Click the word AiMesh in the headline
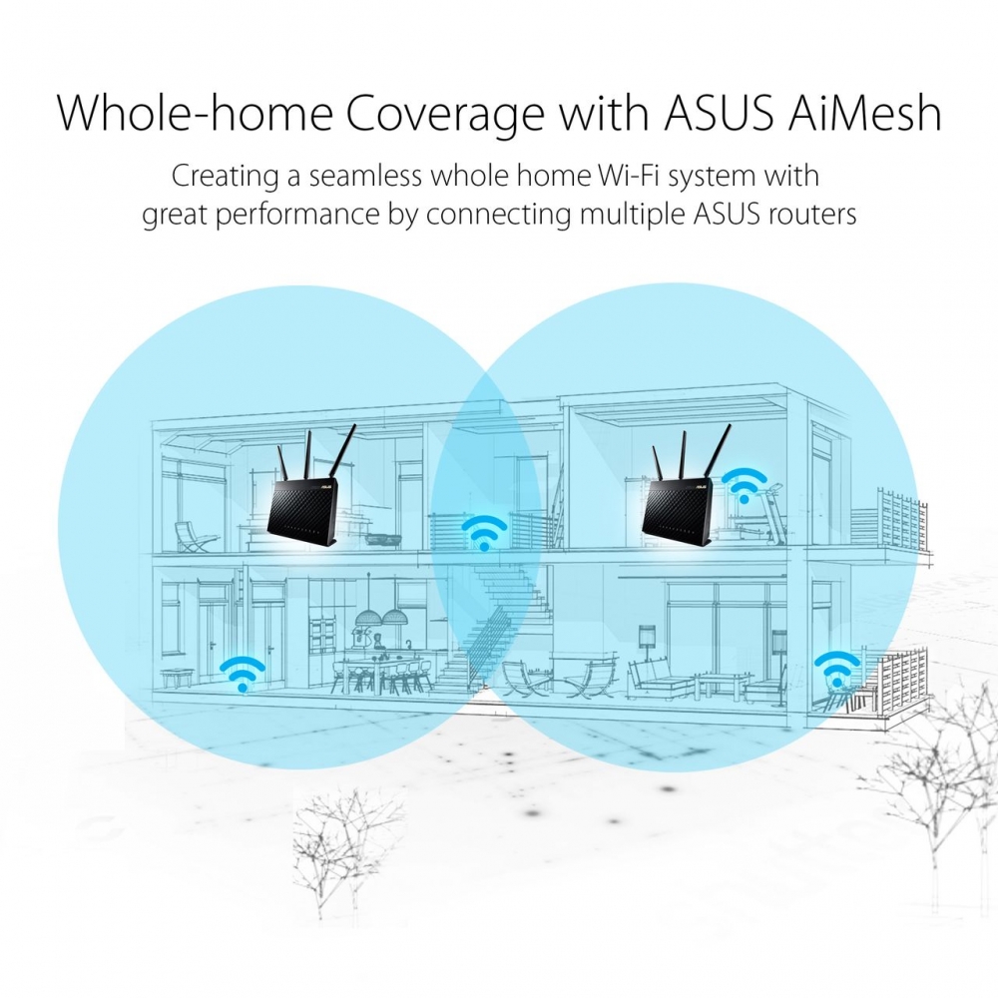tap(864, 113)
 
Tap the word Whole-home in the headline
tap(195, 113)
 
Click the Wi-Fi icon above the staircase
tap(484, 533)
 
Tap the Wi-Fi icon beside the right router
tap(745, 484)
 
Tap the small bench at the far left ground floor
tap(177, 678)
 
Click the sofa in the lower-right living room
tap(659, 679)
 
